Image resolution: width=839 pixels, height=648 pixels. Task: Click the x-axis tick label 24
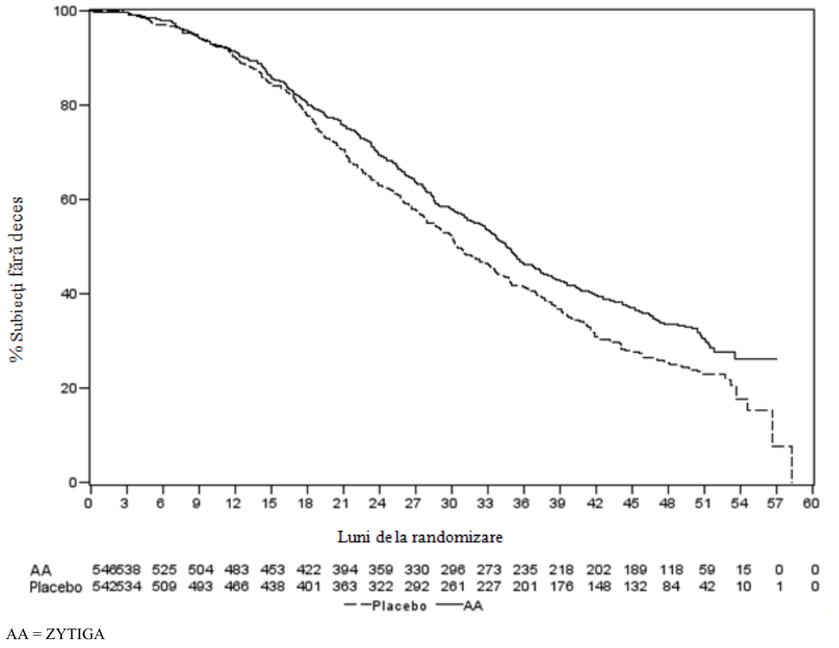(378, 503)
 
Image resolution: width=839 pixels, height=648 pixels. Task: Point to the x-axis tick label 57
(775, 503)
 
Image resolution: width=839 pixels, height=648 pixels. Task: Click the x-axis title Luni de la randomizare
(420, 537)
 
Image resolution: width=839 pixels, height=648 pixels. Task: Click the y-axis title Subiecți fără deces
(16, 280)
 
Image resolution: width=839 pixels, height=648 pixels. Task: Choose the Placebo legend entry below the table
(386, 606)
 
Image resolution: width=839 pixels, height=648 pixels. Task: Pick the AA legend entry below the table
(460, 606)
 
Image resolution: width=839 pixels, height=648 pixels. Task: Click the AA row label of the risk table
(41, 570)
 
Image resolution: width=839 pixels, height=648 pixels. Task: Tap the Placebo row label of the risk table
(56, 587)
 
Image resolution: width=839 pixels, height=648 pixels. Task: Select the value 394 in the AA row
(345, 570)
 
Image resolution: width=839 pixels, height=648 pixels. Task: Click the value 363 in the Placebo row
(345, 587)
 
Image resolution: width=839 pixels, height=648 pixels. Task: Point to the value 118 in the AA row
(671, 570)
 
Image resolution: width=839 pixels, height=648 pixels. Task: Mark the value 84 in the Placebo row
(671, 587)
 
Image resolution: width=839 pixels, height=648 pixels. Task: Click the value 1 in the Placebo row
(779, 587)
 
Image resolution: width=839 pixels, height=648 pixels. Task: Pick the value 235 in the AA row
(525, 570)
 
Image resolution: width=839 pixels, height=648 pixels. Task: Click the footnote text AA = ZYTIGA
(56, 635)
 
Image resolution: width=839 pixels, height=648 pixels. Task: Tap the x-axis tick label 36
(522, 503)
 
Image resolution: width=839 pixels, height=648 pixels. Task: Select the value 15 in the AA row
(744, 570)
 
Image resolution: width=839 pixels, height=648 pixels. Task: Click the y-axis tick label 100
(65, 11)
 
